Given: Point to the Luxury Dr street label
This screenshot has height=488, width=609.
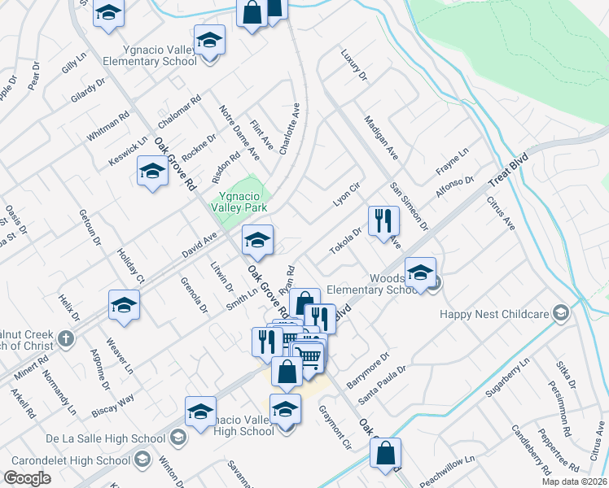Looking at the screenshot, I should click(x=354, y=66).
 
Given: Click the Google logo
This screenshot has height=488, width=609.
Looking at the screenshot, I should click(x=27, y=478).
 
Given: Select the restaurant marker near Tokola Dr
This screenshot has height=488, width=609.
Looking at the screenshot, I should click(x=383, y=220).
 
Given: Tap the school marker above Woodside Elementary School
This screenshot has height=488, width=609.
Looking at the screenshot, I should click(x=420, y=272).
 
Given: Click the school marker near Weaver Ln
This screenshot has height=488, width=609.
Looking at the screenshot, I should click(x=124, y=305).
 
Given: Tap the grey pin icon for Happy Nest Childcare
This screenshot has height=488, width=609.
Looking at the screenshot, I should click(x=560, y=313).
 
